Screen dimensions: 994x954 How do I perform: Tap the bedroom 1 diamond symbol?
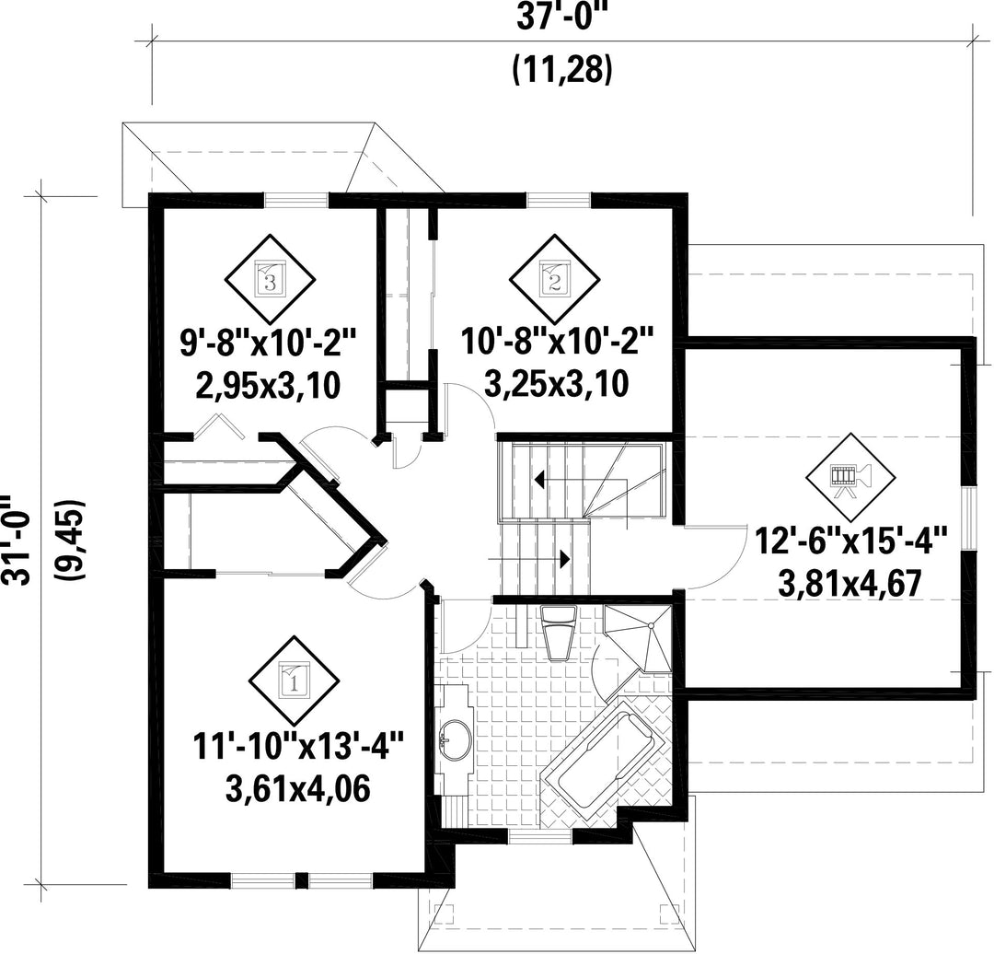pos(293,681)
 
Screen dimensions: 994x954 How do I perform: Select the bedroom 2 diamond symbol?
pos(555,279)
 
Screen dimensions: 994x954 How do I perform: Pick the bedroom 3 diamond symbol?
pos(271,279)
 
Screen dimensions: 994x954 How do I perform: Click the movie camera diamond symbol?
pos(850,478)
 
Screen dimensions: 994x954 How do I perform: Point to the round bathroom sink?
pos(454,739)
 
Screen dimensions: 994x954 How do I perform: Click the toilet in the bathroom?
pos(559,633)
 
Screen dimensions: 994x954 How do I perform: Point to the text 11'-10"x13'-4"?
pos(298,745)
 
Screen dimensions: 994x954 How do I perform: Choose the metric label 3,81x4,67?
pos(850,584)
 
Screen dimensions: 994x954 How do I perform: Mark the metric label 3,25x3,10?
pos(557,383)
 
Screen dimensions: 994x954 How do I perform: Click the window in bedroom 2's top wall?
pos(559,200)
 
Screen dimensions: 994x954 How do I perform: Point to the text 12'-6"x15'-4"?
pos(850,542)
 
